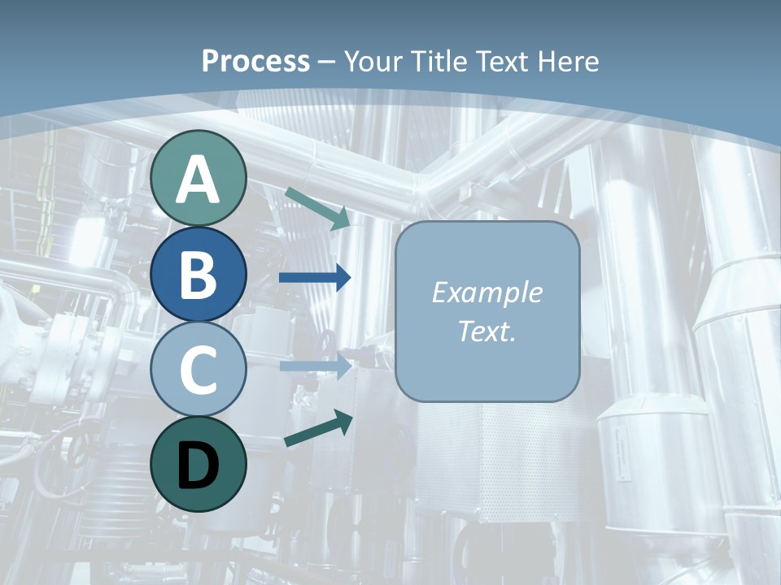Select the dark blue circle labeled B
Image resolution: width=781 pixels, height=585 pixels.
point(199,274)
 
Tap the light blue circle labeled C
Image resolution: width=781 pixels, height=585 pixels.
point(199,370)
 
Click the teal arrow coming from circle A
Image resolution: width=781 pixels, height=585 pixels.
point(317,208)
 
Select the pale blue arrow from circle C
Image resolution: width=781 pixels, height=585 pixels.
point(315,366)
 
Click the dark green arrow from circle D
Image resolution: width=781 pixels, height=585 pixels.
point(318,430)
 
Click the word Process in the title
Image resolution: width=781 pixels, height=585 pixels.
point(255,61)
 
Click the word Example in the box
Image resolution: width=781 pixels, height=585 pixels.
point(486,292)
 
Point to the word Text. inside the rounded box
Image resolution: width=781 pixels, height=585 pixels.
point(486,331)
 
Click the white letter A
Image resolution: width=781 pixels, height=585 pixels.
point(199,180)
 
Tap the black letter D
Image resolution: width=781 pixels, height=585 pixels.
point(199,466)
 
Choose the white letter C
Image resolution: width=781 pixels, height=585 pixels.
point(199,370)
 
